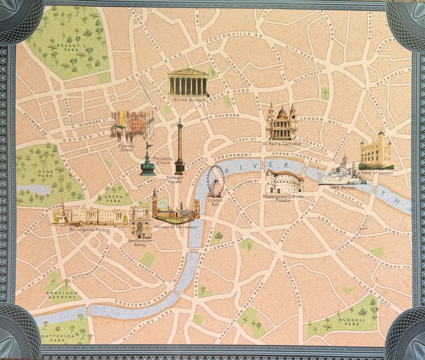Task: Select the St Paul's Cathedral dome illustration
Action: pos(281,123)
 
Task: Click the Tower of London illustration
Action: pos(375,152)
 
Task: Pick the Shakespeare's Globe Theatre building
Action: pos(284,181)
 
